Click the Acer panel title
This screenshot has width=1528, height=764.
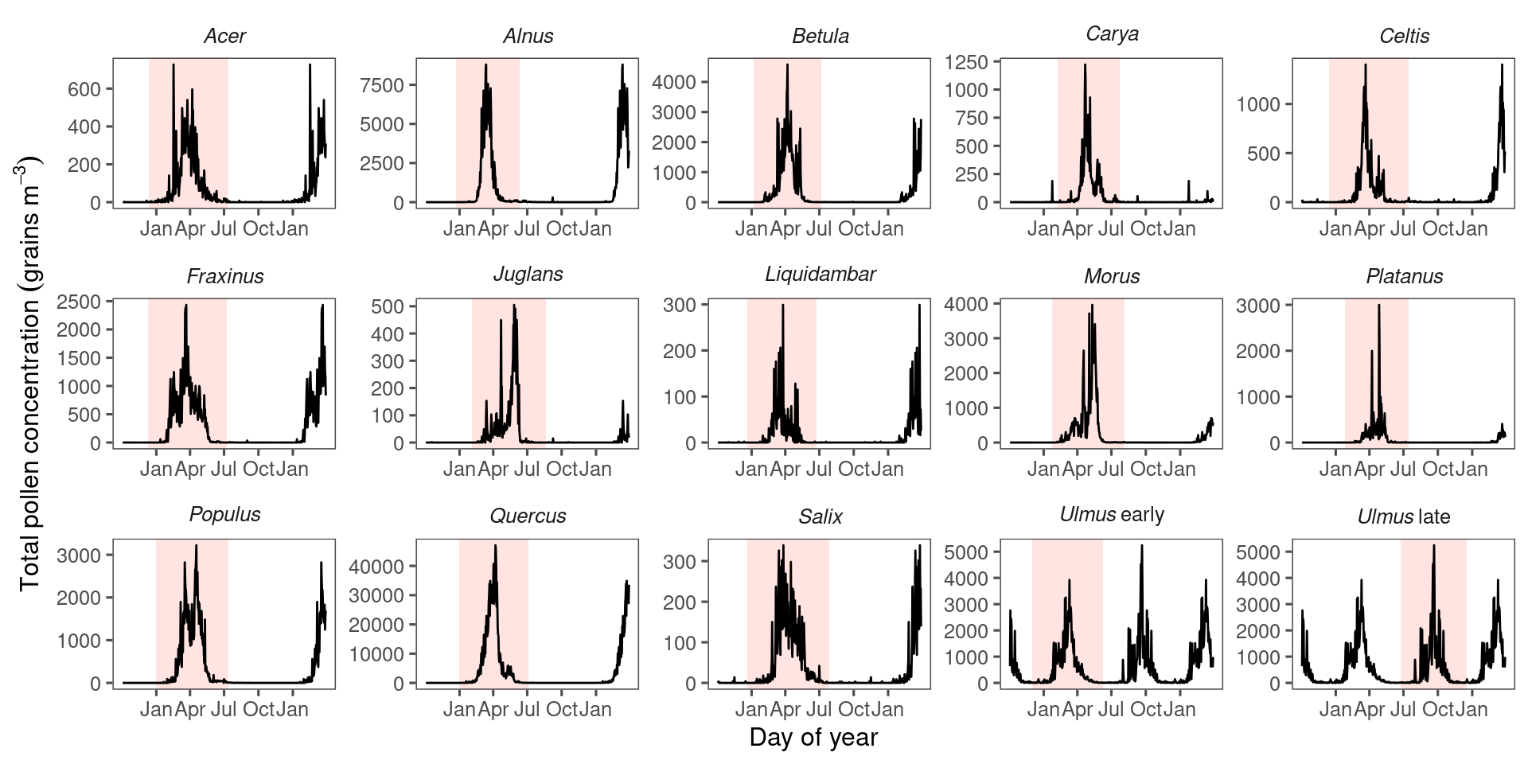224,36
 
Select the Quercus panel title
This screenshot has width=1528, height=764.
528,516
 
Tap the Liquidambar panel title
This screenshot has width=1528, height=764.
820,275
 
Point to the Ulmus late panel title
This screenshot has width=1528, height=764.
1403,516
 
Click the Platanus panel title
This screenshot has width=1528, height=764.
1404,276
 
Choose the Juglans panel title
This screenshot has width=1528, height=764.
528,275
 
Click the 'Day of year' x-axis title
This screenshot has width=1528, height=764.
813,737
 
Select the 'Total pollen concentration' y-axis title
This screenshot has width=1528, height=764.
29,374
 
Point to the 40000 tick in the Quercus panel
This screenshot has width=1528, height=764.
376,567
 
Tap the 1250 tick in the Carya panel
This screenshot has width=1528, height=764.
966,62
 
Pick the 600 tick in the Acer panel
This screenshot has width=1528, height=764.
84,89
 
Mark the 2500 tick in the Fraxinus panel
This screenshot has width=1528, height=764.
79,302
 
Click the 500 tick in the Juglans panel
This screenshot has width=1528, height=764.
388,306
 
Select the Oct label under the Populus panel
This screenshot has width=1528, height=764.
258,709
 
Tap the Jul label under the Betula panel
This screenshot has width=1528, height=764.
819,228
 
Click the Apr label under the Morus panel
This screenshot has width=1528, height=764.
1077,469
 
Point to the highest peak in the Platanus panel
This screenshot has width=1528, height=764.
1379,306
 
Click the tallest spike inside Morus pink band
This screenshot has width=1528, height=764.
1092,306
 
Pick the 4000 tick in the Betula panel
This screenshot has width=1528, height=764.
674,82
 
